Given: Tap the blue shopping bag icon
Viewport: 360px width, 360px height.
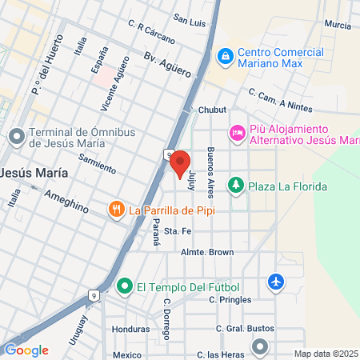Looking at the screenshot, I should click(226, 56).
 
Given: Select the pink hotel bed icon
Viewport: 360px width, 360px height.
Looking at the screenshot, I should click(237, 133).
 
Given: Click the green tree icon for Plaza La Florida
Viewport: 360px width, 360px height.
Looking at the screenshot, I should click(236, 186).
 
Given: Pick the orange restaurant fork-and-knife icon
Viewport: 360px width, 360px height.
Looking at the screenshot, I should click(117, 210).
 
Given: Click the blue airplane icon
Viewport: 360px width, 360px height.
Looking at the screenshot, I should click(276, 282).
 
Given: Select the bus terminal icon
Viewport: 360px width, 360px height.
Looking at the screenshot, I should click(16, 136).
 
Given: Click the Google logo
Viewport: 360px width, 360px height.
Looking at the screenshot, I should click(26, 350).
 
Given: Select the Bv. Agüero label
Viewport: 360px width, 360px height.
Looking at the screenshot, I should click(168, 65).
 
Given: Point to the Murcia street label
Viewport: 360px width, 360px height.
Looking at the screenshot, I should click(338, 25).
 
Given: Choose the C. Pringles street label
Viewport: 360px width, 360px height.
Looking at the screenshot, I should click(230, 300).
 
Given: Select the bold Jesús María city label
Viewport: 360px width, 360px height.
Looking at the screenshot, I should click(34, 173).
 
